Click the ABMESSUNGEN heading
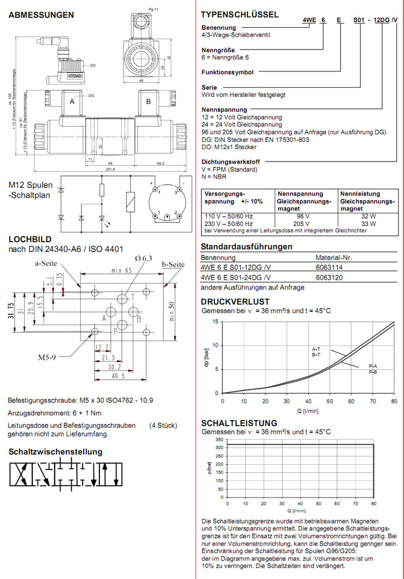pyautogui.click(x=40, y=15)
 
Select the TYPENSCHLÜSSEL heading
pyautogui.click(x=240, y=14)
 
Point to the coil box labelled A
pyautogui.click(x=72, y=101)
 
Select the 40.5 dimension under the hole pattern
pyautogui.click(x=118, y=377)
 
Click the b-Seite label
pyautogui.click(x=173, y=264)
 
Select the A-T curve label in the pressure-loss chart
pyautogui.click(x=316, y=349)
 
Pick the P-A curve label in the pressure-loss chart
pyautogui.click(x=373, y=366)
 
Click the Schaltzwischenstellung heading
pyautogui.click(x=55, y=452)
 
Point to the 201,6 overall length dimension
pyautogui.click(x=110, y=169)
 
